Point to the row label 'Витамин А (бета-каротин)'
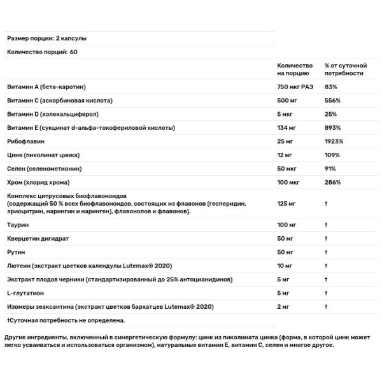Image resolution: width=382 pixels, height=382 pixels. [x=46, y=87]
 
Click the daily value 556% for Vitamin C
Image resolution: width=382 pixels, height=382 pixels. [x=332, y=101]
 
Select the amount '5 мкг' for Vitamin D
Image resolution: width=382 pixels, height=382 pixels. [x=286, y=115]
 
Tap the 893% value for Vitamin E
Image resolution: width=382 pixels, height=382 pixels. [x=332, y=129]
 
